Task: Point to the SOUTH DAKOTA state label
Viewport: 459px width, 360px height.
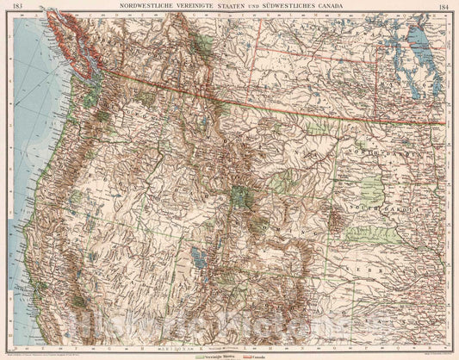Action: tap(379, 208)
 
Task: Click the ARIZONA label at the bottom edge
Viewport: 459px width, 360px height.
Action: tap(159, 348)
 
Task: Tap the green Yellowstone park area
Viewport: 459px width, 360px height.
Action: tap(244, 196)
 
